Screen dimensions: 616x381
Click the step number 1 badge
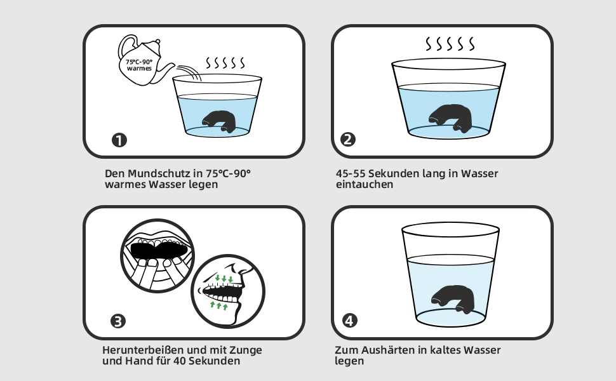click(x=119, y=140)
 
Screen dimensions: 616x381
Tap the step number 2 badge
click(x=347, y=140)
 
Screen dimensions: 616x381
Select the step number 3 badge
click(x=118, y=321)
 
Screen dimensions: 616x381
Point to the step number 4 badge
click(x=350, y=321)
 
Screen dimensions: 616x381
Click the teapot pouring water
click(x=144, y=61)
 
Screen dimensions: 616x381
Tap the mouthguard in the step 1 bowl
click(x=219, y=121)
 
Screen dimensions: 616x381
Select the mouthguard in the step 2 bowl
click(x=451, y=117)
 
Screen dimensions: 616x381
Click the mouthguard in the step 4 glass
click(x=453, y=299)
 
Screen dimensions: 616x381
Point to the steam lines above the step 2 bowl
click(x=450, y=44)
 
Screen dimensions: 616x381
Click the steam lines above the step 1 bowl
click(x=225, y=62)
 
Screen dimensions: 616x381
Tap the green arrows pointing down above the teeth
click(x=224, y=279)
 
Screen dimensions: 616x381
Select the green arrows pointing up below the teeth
click(x=219, y=305)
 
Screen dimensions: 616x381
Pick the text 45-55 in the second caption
click(x=351, y=173)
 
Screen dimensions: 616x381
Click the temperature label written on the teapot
click(x=139, y=65)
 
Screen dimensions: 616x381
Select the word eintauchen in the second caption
click(x=364, y=184)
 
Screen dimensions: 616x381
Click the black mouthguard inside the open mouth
click(x=159, y=250)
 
